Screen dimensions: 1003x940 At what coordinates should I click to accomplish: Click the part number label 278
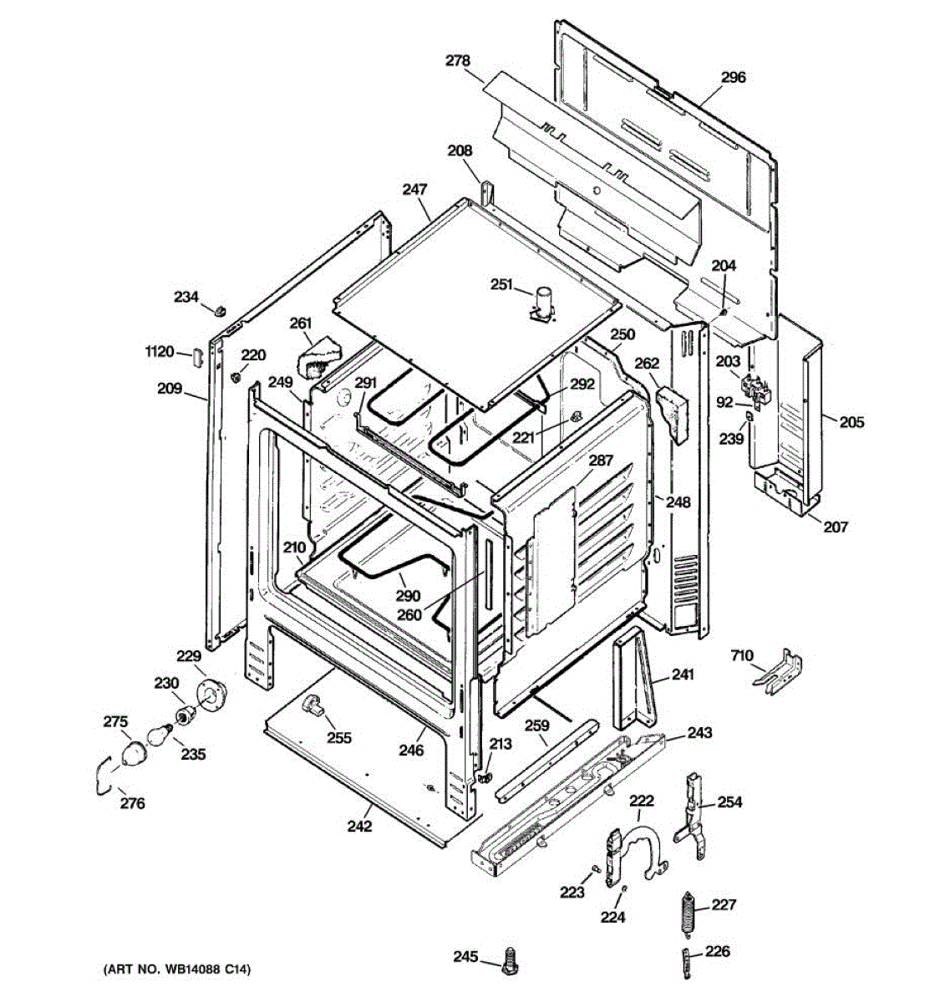click(x=457, y=60)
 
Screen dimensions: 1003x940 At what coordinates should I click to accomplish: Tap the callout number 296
click(x=733, y=78)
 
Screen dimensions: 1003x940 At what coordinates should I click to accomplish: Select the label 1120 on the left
click(x=158, y=352)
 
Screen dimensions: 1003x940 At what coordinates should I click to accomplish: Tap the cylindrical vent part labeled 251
click(x=544, y=302)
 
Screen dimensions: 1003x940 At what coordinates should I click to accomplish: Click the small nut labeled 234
click(x=219, y=310)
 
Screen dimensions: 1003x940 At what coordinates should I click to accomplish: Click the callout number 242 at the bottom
click(x=359, y=827)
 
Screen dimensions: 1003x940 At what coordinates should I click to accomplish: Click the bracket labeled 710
click(x=780, y=674)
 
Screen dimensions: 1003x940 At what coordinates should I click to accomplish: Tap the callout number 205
click(x=851, y=422)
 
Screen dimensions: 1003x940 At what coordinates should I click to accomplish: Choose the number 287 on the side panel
click(x=600, y=461)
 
